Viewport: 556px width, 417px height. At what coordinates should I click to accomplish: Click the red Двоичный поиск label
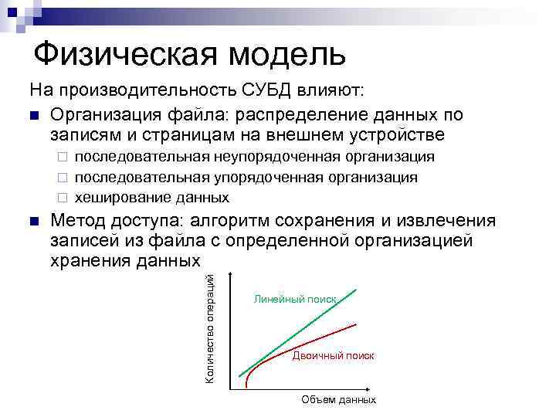tap(333, 356)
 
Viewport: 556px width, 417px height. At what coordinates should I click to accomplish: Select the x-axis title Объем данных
tap(338, 400)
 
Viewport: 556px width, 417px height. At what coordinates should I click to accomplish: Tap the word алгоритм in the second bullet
tap(237, 222)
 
